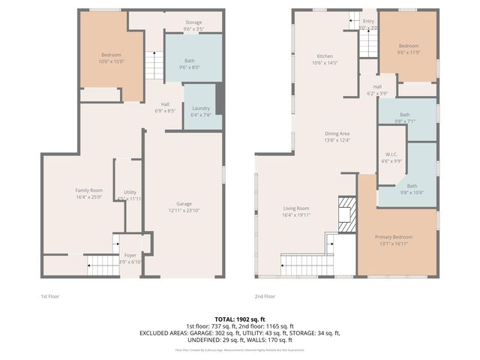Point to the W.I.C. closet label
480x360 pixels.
391,157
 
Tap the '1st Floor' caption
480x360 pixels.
49,296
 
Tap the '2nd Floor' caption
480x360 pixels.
264,296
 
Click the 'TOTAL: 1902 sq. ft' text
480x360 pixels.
240,319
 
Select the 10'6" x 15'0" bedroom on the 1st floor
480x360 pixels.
110,58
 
